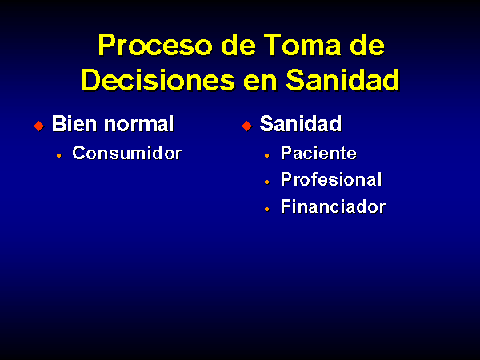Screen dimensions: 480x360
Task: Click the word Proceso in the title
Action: tap(155, 46)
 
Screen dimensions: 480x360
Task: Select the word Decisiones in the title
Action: tap(158, 80)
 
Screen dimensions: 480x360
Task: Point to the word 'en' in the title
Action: tap(260, 82)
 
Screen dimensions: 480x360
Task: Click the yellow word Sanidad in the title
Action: tap(343, 80)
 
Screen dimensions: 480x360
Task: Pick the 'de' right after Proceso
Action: tap(238, 45)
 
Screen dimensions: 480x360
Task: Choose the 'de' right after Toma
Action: tap(367, 45)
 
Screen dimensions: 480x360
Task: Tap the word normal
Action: tap(139, 124)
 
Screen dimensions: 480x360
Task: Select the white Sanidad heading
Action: tap(301, 124)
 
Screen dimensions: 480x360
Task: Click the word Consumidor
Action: tap(127, 153)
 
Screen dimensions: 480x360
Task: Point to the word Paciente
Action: tap(318, 153)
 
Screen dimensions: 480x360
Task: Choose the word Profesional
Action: tap(331, 179)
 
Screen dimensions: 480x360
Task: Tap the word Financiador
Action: tap(333, 206)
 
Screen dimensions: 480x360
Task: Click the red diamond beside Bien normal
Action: tap(39, 126)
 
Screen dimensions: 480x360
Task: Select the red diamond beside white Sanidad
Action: tap(246, 126)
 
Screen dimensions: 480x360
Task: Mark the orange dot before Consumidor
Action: tap(58, 155)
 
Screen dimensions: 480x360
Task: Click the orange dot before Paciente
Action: tap(267, 155)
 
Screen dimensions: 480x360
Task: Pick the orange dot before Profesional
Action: tap(267, 182)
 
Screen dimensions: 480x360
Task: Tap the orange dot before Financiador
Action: tap(267, 209)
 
